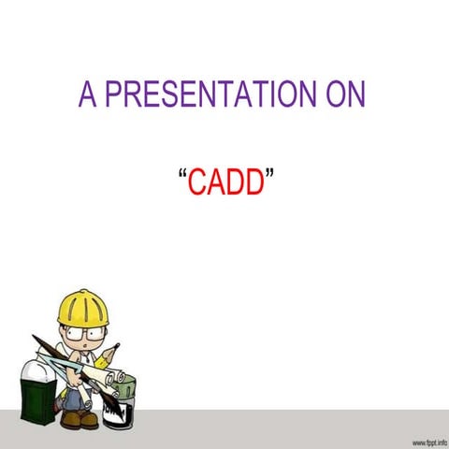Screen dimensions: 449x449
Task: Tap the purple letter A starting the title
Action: (88, 95)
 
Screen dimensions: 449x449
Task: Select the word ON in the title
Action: (343, 95)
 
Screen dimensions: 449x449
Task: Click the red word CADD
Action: (224, 183)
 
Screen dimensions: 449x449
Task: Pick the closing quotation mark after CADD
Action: (268, 175)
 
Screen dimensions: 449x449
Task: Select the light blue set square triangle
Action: (58, 368)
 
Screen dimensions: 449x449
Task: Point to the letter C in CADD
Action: (196, 183)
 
